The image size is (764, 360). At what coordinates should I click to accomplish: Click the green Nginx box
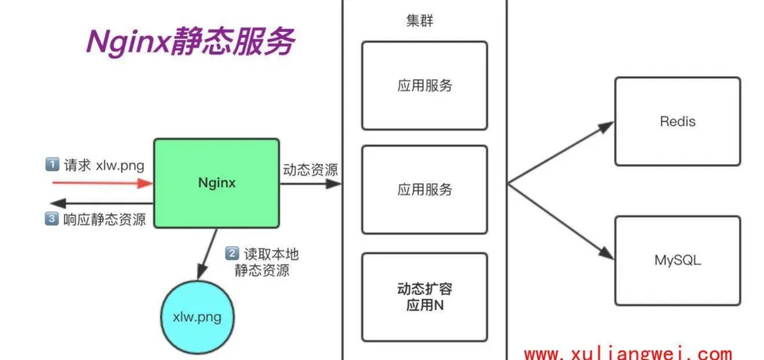coord(216,183)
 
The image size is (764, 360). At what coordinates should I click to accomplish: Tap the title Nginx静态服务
coord(190,42)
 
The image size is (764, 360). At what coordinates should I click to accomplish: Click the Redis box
coord(677,122)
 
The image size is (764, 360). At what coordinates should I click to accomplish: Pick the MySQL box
coord(677,260)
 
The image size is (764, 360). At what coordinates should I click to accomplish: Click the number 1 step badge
coord(52,165)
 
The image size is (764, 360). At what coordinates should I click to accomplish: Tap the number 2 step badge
coord(232,252)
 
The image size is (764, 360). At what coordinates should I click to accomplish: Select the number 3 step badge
coord(52,219)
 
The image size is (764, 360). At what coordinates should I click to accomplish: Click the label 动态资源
coord(310,170)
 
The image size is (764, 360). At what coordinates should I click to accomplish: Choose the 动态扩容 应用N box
coord(424,297)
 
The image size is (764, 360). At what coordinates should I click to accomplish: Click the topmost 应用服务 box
coord(424,86)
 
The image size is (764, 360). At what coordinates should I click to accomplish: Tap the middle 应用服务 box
coord(424,190)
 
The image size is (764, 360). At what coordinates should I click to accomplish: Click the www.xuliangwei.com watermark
coord(627,353)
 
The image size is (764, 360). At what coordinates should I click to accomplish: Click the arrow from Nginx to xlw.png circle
coord(209,253)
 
